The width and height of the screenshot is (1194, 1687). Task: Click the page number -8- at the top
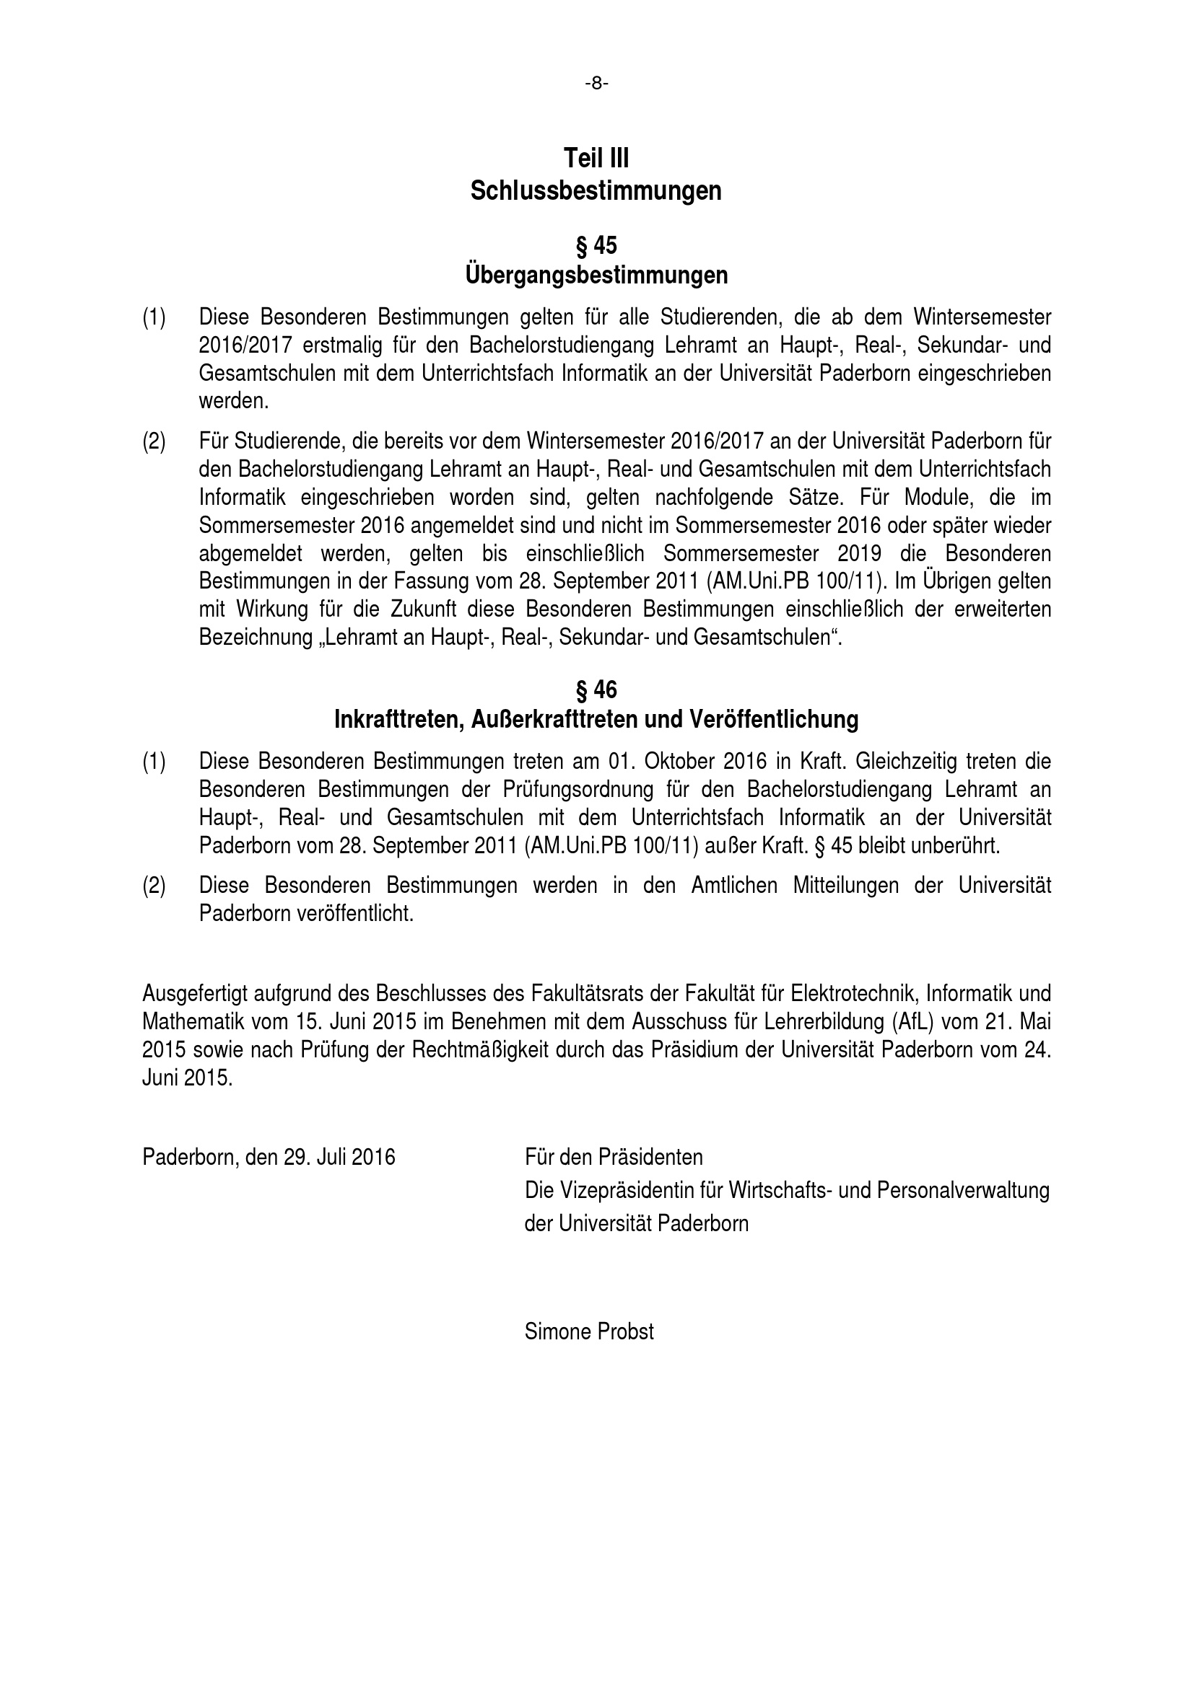coord(596,84)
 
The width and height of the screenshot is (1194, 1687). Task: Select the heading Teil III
coord(596,158)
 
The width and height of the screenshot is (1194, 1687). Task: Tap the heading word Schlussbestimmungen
coord(596,191)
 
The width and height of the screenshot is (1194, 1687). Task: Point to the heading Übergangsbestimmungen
coord(596,276)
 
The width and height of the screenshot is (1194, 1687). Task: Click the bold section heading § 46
coord(596,690)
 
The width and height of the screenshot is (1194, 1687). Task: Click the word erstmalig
coord(337,345)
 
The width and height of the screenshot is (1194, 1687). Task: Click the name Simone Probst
coord(589,1331)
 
